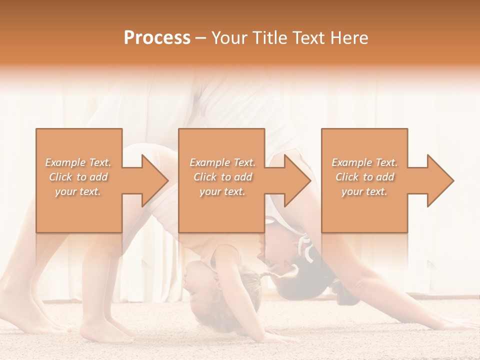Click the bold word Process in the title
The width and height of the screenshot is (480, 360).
(157, 38)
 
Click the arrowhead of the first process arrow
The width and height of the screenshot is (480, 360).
(155, 180)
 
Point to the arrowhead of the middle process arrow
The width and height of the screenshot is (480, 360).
(298, 180)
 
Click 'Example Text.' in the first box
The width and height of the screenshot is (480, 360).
(78, 162)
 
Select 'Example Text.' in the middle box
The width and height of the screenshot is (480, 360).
(222, 162)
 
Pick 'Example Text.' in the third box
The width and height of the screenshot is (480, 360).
(364, 162)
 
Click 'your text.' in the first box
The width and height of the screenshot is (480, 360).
(78, 191)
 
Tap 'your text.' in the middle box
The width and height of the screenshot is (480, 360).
(222, 191)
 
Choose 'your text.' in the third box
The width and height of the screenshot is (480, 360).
(364, 191)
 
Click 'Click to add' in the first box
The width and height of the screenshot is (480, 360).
(78, 177)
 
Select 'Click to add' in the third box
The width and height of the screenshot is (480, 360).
(364, 177)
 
